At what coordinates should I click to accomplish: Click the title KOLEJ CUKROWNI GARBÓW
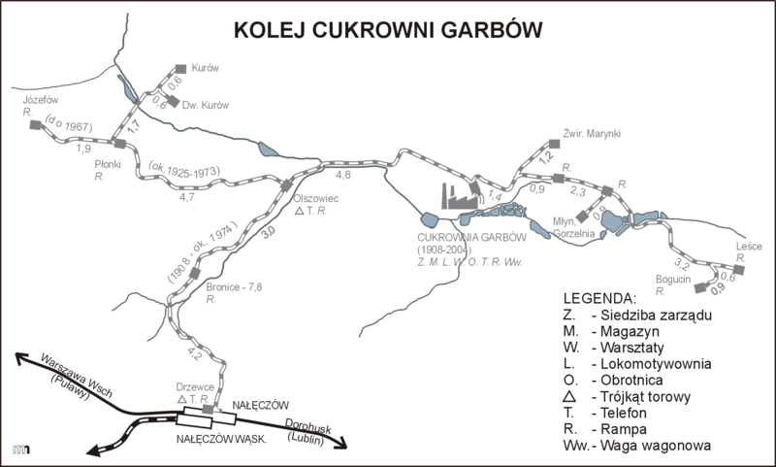point(388,31)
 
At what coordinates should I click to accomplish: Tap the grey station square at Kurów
point(180,69)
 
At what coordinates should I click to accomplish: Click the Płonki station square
point(108,145)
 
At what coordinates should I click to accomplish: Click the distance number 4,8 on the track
point(343,176)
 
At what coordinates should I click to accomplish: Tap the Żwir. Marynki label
point(593,134)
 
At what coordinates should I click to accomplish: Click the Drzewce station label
point(185,385)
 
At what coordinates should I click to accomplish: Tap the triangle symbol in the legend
point(569,397)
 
